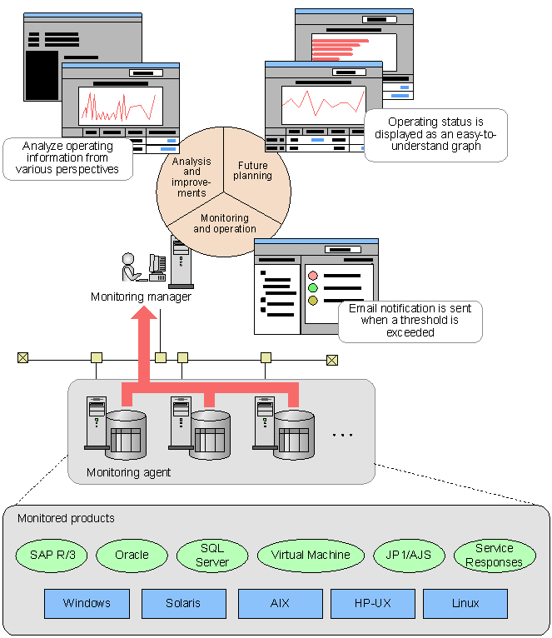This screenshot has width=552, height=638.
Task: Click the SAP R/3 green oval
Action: tap(52, 555)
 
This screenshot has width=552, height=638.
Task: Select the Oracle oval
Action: tap(132, 555)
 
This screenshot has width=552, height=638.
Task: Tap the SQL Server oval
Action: tap(212, 555)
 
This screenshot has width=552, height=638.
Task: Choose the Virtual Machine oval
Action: tap(311, 555)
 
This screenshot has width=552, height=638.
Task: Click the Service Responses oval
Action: tap(494, 555)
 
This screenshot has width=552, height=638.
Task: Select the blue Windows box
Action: tap(87, 603)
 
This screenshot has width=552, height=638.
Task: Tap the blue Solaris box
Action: tap(183, 603)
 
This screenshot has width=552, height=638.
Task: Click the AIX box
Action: tap(280, 603)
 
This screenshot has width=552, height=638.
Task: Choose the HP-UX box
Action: tap(372, 603)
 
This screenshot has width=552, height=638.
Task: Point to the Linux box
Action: tap(465, 603)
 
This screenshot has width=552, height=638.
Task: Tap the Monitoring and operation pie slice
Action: tap(225, 223)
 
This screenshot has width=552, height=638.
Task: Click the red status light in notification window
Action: tap(313, 276)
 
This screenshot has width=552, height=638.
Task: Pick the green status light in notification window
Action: tap(313, 288)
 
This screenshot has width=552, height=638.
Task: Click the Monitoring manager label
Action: tap(142, 297)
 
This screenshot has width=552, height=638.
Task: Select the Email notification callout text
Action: tap(410, 321)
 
